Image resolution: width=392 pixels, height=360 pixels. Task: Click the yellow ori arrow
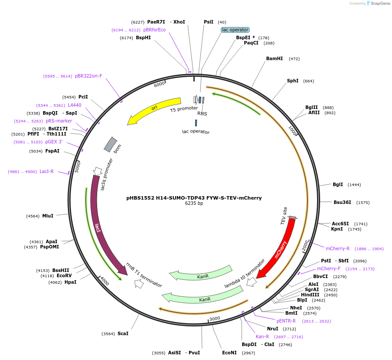[153, 109]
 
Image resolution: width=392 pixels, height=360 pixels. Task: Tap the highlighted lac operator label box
[235, 30]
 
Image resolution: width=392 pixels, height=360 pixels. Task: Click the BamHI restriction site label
[274, 58]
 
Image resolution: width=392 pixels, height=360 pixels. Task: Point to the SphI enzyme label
[293, 81]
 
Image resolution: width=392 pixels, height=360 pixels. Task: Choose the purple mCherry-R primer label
[338, 248]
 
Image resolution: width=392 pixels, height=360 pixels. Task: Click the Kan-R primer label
[262, 336]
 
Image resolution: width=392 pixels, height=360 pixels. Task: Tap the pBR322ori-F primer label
[88, 76]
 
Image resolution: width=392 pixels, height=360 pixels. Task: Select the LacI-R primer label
[47, 171]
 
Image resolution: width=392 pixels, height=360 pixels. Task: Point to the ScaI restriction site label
[123, 333]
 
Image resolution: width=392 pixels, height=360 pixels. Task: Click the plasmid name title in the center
[194, 197]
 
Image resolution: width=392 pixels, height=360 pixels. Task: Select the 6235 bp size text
[194, 203]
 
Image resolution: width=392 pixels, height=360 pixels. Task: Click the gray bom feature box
[111, 144]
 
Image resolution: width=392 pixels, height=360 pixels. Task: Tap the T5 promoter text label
[184, 109]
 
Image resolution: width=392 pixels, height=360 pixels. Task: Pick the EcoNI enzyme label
[230, 353]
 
